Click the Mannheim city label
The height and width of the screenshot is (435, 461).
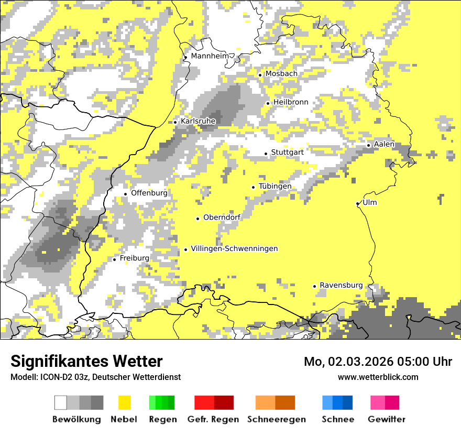tap(211, 56)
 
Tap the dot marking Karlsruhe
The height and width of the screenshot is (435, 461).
tap(175, 122)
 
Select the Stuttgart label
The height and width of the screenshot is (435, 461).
tap(287, 153)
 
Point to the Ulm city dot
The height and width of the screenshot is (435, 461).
tap(357, 203)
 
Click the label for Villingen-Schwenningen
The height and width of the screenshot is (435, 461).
tap(234, 249)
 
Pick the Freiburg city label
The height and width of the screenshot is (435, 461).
tap(134, 258)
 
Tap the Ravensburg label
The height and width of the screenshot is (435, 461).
tap(341, 286)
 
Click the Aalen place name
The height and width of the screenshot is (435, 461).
tap(384, 144)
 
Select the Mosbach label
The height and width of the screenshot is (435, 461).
tap(281, 74)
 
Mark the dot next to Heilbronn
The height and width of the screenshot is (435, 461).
tap(268, 103)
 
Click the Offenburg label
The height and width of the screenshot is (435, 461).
tap(149, 193)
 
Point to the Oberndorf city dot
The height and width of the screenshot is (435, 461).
tap(197, 219)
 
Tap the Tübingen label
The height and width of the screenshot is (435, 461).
tap(275, 187)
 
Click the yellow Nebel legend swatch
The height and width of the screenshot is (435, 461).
tap(124, 403)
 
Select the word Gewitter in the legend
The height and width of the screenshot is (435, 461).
tap(387, 419)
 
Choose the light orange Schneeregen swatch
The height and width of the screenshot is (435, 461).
tap(265, 403)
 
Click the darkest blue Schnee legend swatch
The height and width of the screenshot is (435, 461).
tap(348, 403)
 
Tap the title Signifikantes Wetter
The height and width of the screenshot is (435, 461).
tap(86, 362)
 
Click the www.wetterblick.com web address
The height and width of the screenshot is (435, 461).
tap(378, 377)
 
